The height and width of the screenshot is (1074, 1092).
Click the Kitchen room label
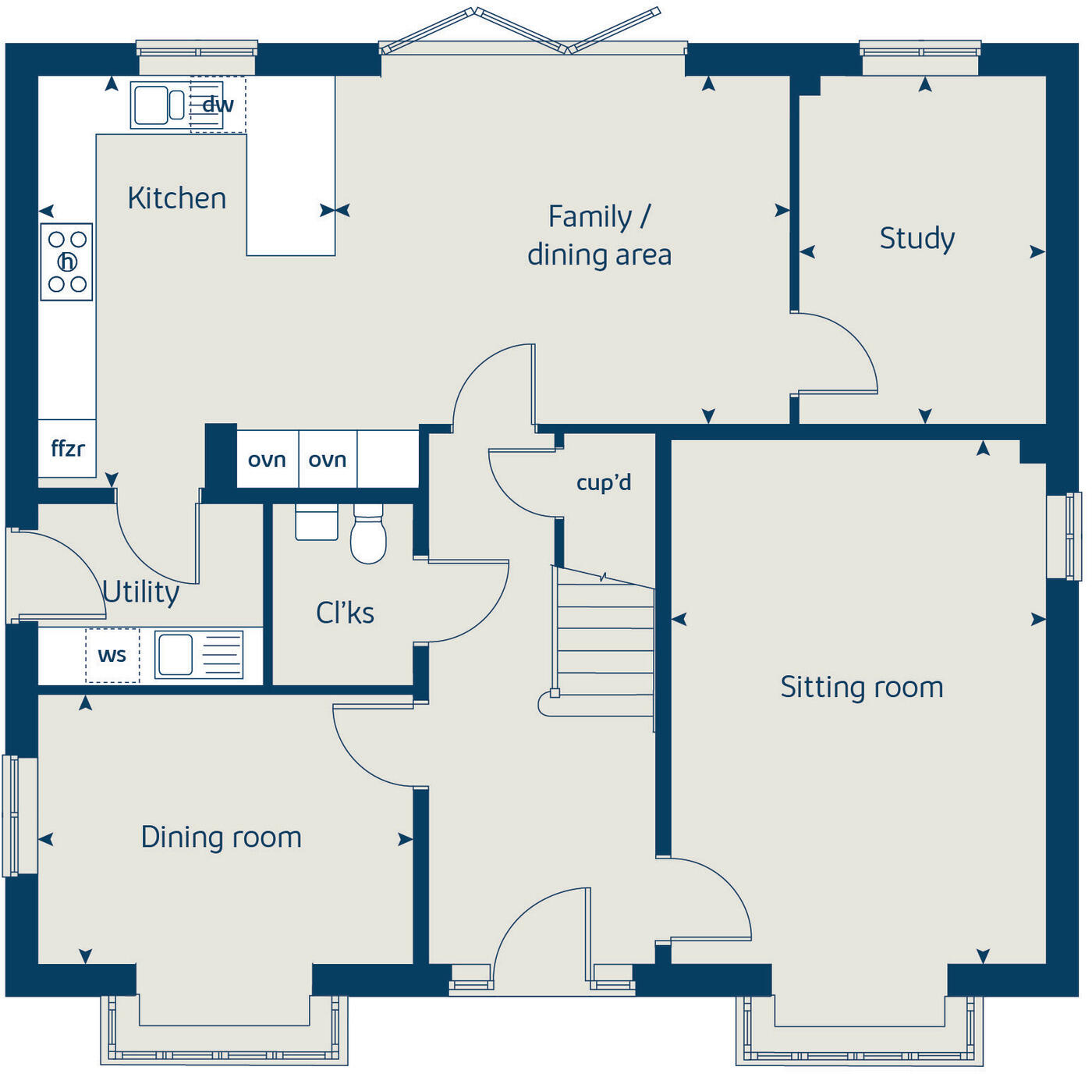[177, 198]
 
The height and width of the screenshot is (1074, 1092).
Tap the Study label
[916, 238]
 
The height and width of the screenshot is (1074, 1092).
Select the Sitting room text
[862, 687]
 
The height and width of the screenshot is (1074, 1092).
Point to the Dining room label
[221, 837]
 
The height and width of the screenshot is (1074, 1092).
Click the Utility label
[141, 592]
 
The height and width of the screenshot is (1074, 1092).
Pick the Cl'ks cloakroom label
[345, 613]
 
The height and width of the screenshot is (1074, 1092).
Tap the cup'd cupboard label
[603, 482]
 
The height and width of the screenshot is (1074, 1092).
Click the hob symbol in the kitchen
[67, 261]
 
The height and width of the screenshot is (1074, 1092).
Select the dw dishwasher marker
[218, 105]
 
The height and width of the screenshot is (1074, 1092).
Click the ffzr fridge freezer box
[67, 449]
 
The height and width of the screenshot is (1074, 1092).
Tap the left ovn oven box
[267, 460]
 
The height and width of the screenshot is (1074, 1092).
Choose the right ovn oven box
[328, 460]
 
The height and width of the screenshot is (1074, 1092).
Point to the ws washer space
[112, 656]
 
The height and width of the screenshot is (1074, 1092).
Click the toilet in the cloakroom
[368, 535]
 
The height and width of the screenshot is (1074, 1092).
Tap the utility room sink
[198, 655]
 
